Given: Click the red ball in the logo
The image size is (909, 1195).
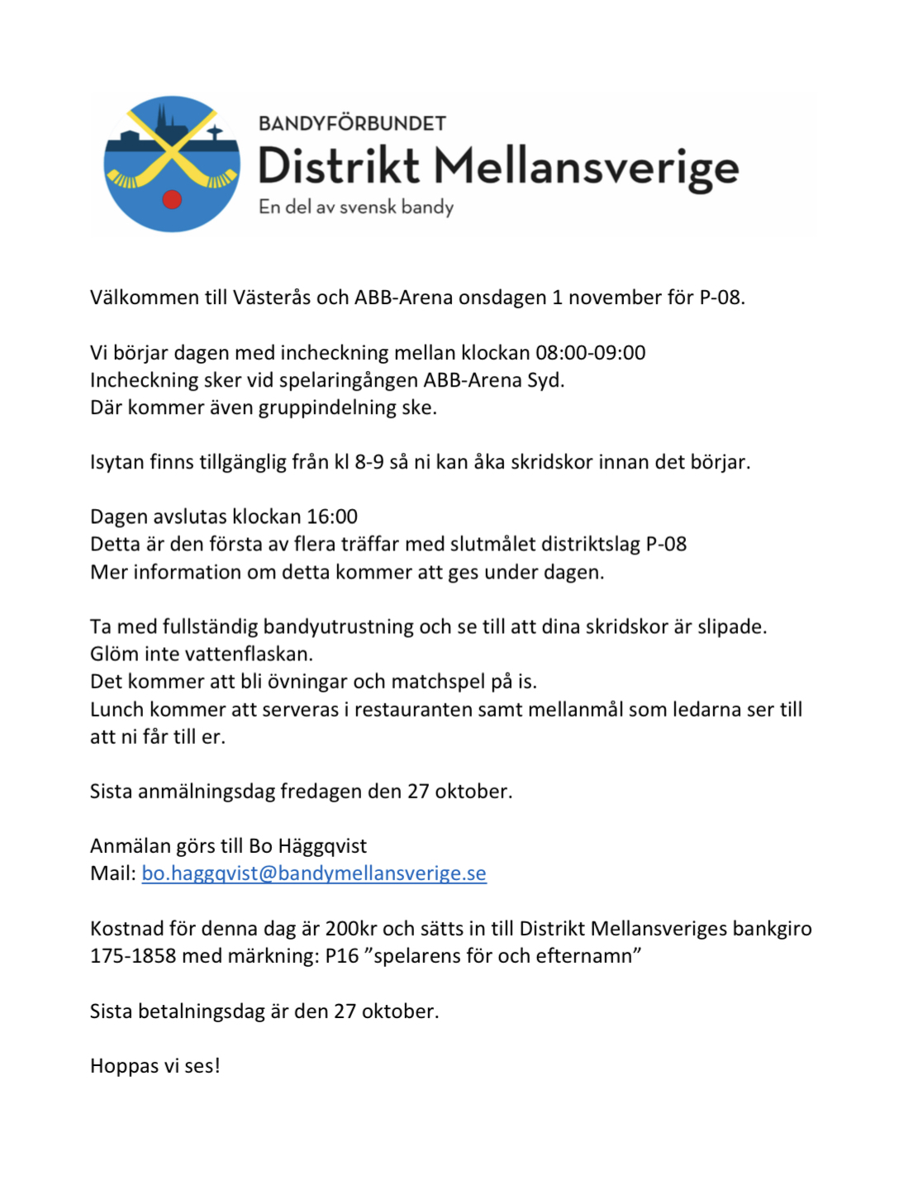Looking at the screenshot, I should (x=172, y=199).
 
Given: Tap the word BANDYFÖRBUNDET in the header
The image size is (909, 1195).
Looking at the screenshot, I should (x=352, y=124).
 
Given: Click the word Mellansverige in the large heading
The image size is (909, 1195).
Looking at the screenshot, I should (x=586, y=168).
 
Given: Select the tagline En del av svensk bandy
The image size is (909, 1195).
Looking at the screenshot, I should (x=356, y=207).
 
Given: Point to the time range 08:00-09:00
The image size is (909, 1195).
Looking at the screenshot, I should (x=590, y=353).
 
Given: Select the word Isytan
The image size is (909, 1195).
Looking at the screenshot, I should (x=117, y=462).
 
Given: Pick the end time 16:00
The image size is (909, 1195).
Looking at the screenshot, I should (x=331, y=517).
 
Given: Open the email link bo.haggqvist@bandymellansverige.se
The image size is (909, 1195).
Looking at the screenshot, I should (x=314, y=874).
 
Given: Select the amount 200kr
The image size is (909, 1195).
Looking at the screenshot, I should (x=352, y=929).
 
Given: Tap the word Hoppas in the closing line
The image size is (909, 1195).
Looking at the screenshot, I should (x=124, y=1066).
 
